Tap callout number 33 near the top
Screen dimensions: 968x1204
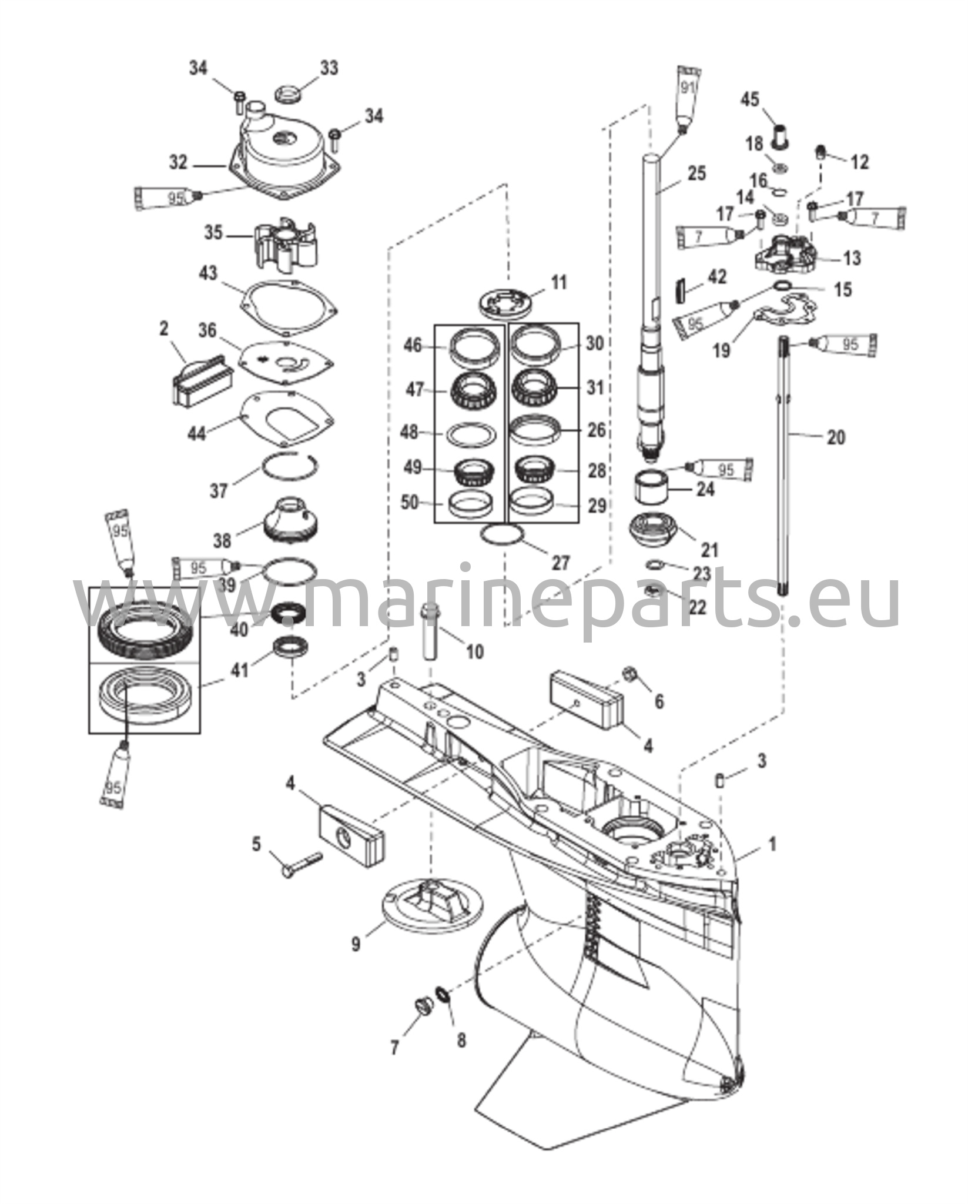click(329, 68)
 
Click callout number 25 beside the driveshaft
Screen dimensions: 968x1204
click(697, 174)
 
